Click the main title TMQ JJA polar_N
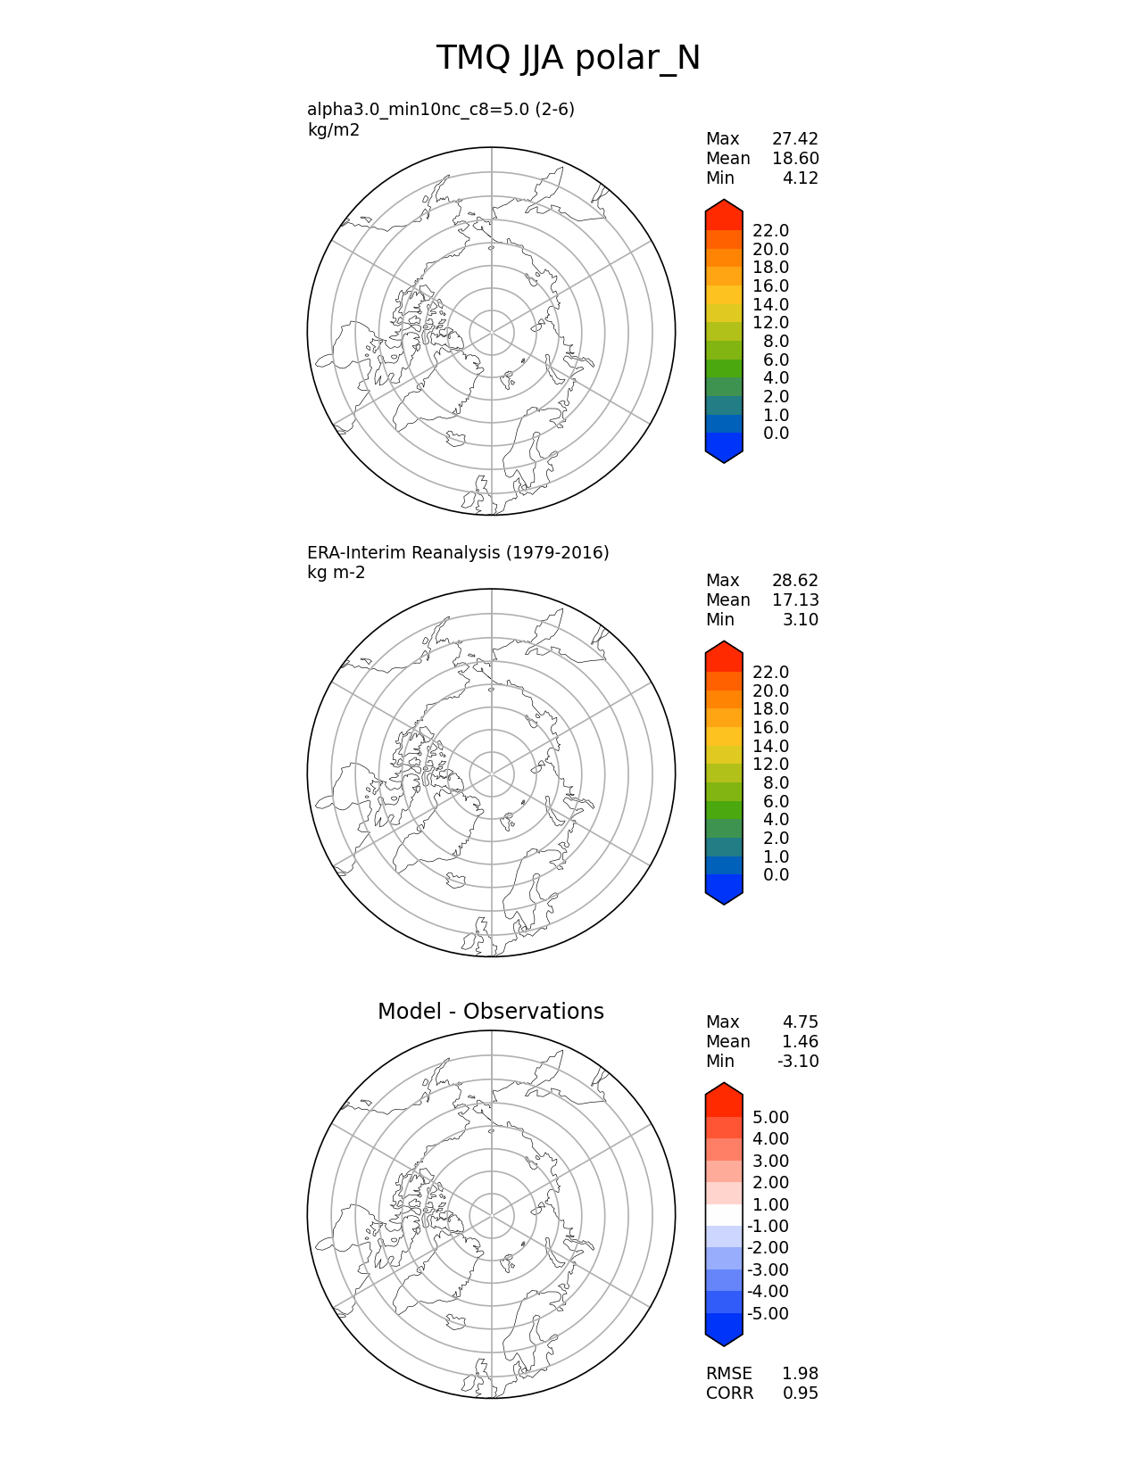click(568, 59)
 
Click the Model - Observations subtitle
click(490, 1012)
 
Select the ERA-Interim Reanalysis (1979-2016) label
click(458, 553)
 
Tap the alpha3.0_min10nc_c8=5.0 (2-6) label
click(441, 110)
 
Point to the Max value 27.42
click(794, 139)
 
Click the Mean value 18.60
click(794, 159)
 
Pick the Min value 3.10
click(800, 620)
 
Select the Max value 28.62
click(794, 581)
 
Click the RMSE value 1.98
click(800, 1374)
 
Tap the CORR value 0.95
click(800, 1393)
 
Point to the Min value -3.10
click(798, 1062)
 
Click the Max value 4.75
click(800, 1022)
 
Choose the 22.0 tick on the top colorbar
click(770, 231)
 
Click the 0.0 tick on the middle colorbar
click(776, 875)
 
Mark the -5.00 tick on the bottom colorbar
click(768, 1314)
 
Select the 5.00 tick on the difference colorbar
click(770, 1118)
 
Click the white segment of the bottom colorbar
click(724, 1215)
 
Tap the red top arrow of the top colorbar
click(724, 214)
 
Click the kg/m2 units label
click(333, 130)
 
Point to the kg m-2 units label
click(336, 573)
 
